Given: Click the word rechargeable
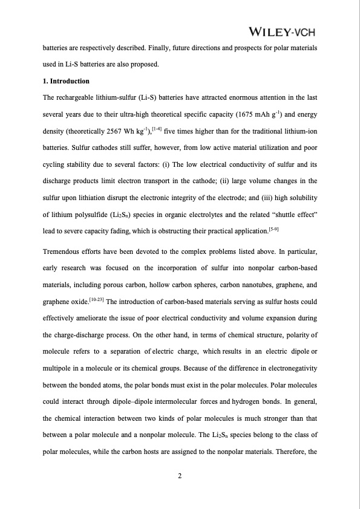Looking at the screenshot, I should coord(77,97).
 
